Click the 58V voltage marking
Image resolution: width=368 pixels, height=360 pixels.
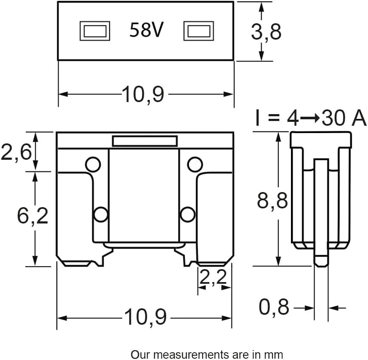point(146,30)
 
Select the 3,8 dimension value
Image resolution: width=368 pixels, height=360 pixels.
point(266,32)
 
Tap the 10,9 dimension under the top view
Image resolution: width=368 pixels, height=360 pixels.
point(143,94)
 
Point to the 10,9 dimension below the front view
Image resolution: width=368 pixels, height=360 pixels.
point(145,317)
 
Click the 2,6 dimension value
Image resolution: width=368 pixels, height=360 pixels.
point(16,152)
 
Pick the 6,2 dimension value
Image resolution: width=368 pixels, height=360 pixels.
point(32,215)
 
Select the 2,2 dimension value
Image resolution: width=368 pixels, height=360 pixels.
point(213,277)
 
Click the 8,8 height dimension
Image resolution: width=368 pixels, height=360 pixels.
point(272,201)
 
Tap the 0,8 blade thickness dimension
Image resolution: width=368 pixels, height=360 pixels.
point(274,307)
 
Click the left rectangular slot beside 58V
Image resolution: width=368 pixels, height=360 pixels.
point(95,31)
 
